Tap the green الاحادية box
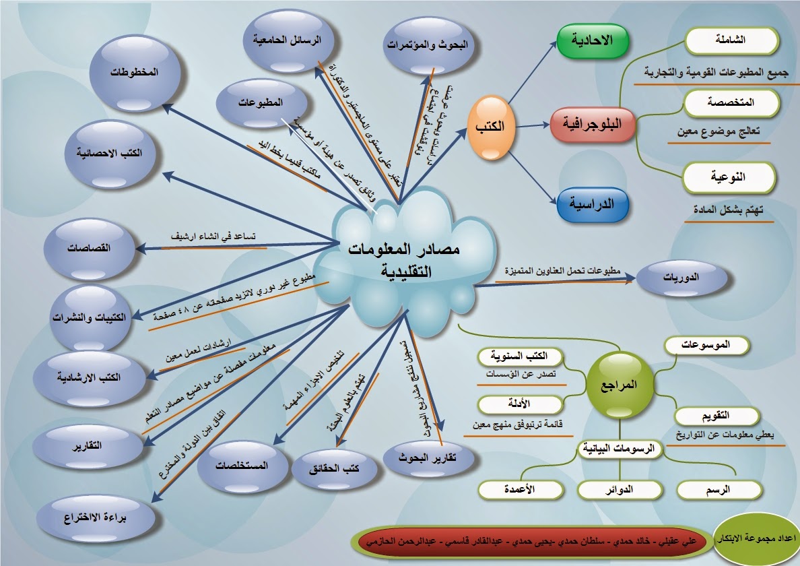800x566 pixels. [x=592, y=40]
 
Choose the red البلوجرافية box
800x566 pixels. [x=593, y=124]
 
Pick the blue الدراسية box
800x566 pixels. [x=592, y=203]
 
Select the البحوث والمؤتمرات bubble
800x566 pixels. [x=432, y=44]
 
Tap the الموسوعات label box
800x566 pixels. [x=706, y=345]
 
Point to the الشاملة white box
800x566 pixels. [x=731, y=40]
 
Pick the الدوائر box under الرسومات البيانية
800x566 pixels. [x=620, y=490]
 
